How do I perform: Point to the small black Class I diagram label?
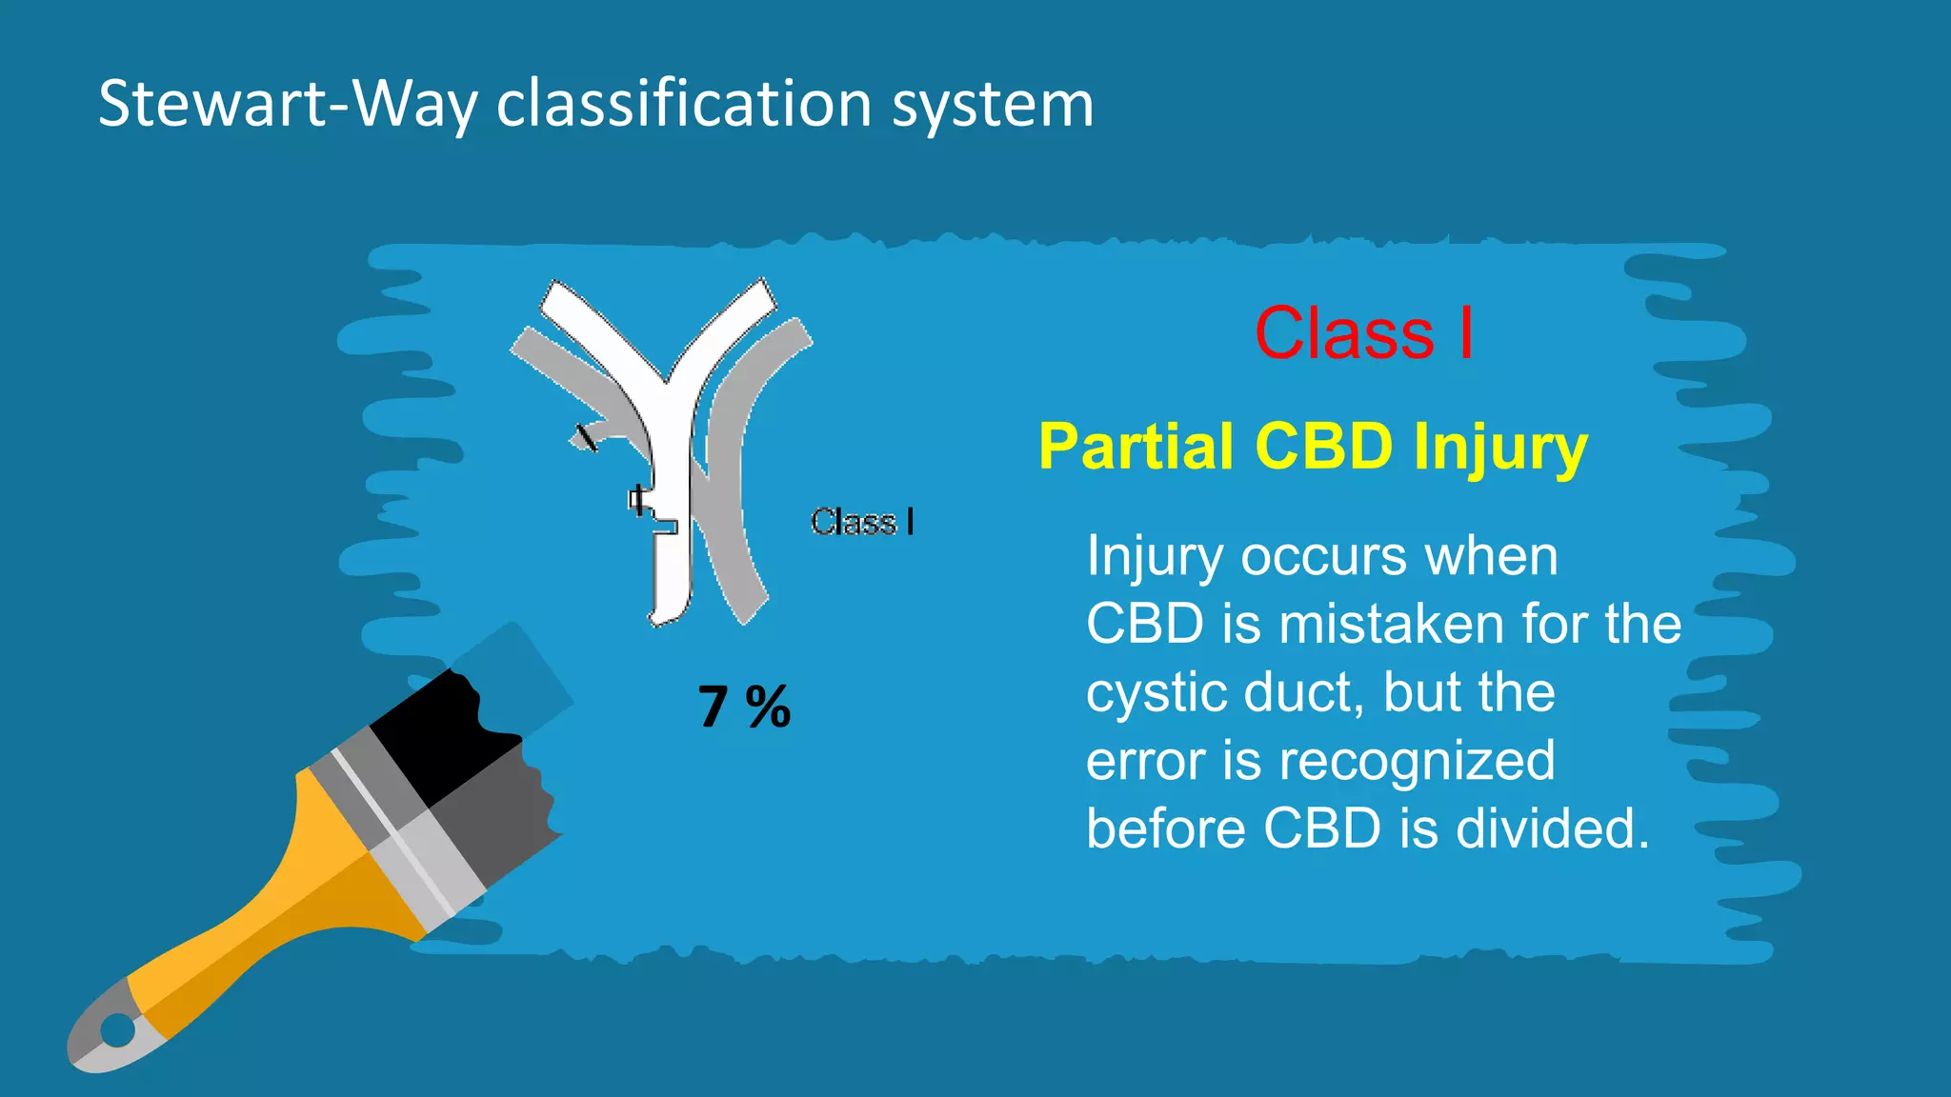tap(862, 522)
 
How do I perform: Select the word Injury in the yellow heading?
tap(1499, 448)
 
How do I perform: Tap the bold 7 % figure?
tap(744, 707)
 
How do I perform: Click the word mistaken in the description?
tap(1391, 625)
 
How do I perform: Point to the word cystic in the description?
tap(1156, 693)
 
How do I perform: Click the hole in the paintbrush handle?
tap(118, 1029)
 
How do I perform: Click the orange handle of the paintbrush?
tap(286, 914)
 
